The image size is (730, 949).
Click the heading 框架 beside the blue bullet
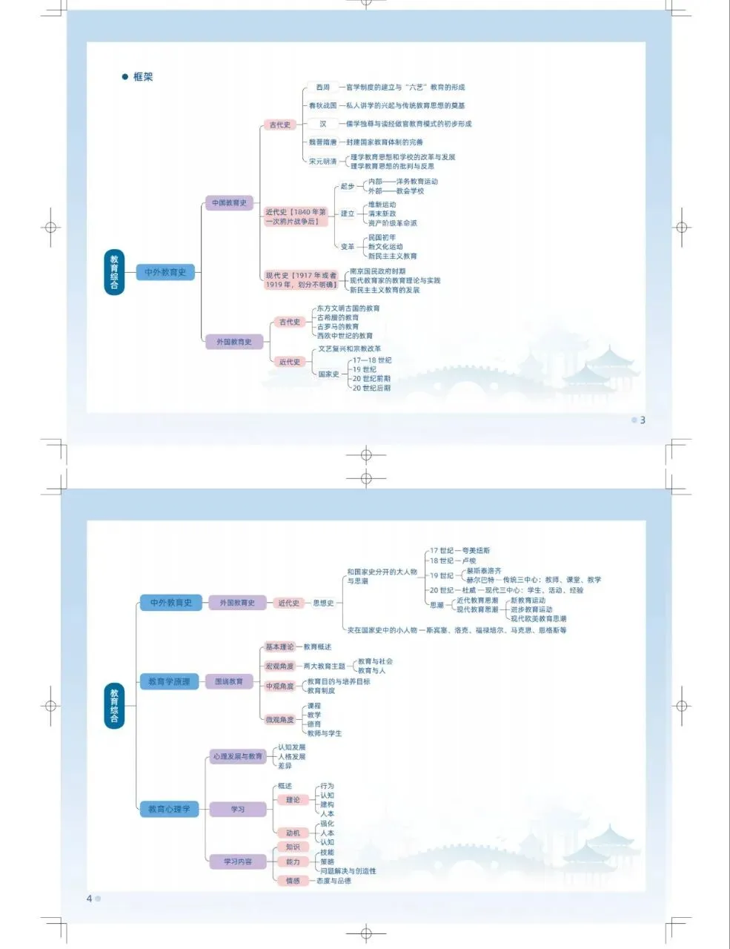143,77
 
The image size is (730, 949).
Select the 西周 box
323,87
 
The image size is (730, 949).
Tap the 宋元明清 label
323,162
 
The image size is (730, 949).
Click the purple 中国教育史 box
229,203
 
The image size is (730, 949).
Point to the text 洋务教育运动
417,182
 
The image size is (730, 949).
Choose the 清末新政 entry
382,214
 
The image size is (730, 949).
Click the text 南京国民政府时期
377,271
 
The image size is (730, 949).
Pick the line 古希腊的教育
338,317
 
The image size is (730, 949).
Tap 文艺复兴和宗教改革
350,348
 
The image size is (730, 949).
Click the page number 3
643,420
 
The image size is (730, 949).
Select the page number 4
90,899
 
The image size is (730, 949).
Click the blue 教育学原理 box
169,681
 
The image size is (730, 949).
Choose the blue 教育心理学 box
169,809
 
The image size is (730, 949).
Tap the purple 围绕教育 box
229,681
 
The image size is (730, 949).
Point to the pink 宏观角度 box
279,667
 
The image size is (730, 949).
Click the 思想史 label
323,604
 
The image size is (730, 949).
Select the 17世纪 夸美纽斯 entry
459,551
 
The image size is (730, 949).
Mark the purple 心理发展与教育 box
237,757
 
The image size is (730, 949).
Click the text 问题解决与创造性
348,871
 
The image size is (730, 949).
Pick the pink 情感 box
293,881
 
